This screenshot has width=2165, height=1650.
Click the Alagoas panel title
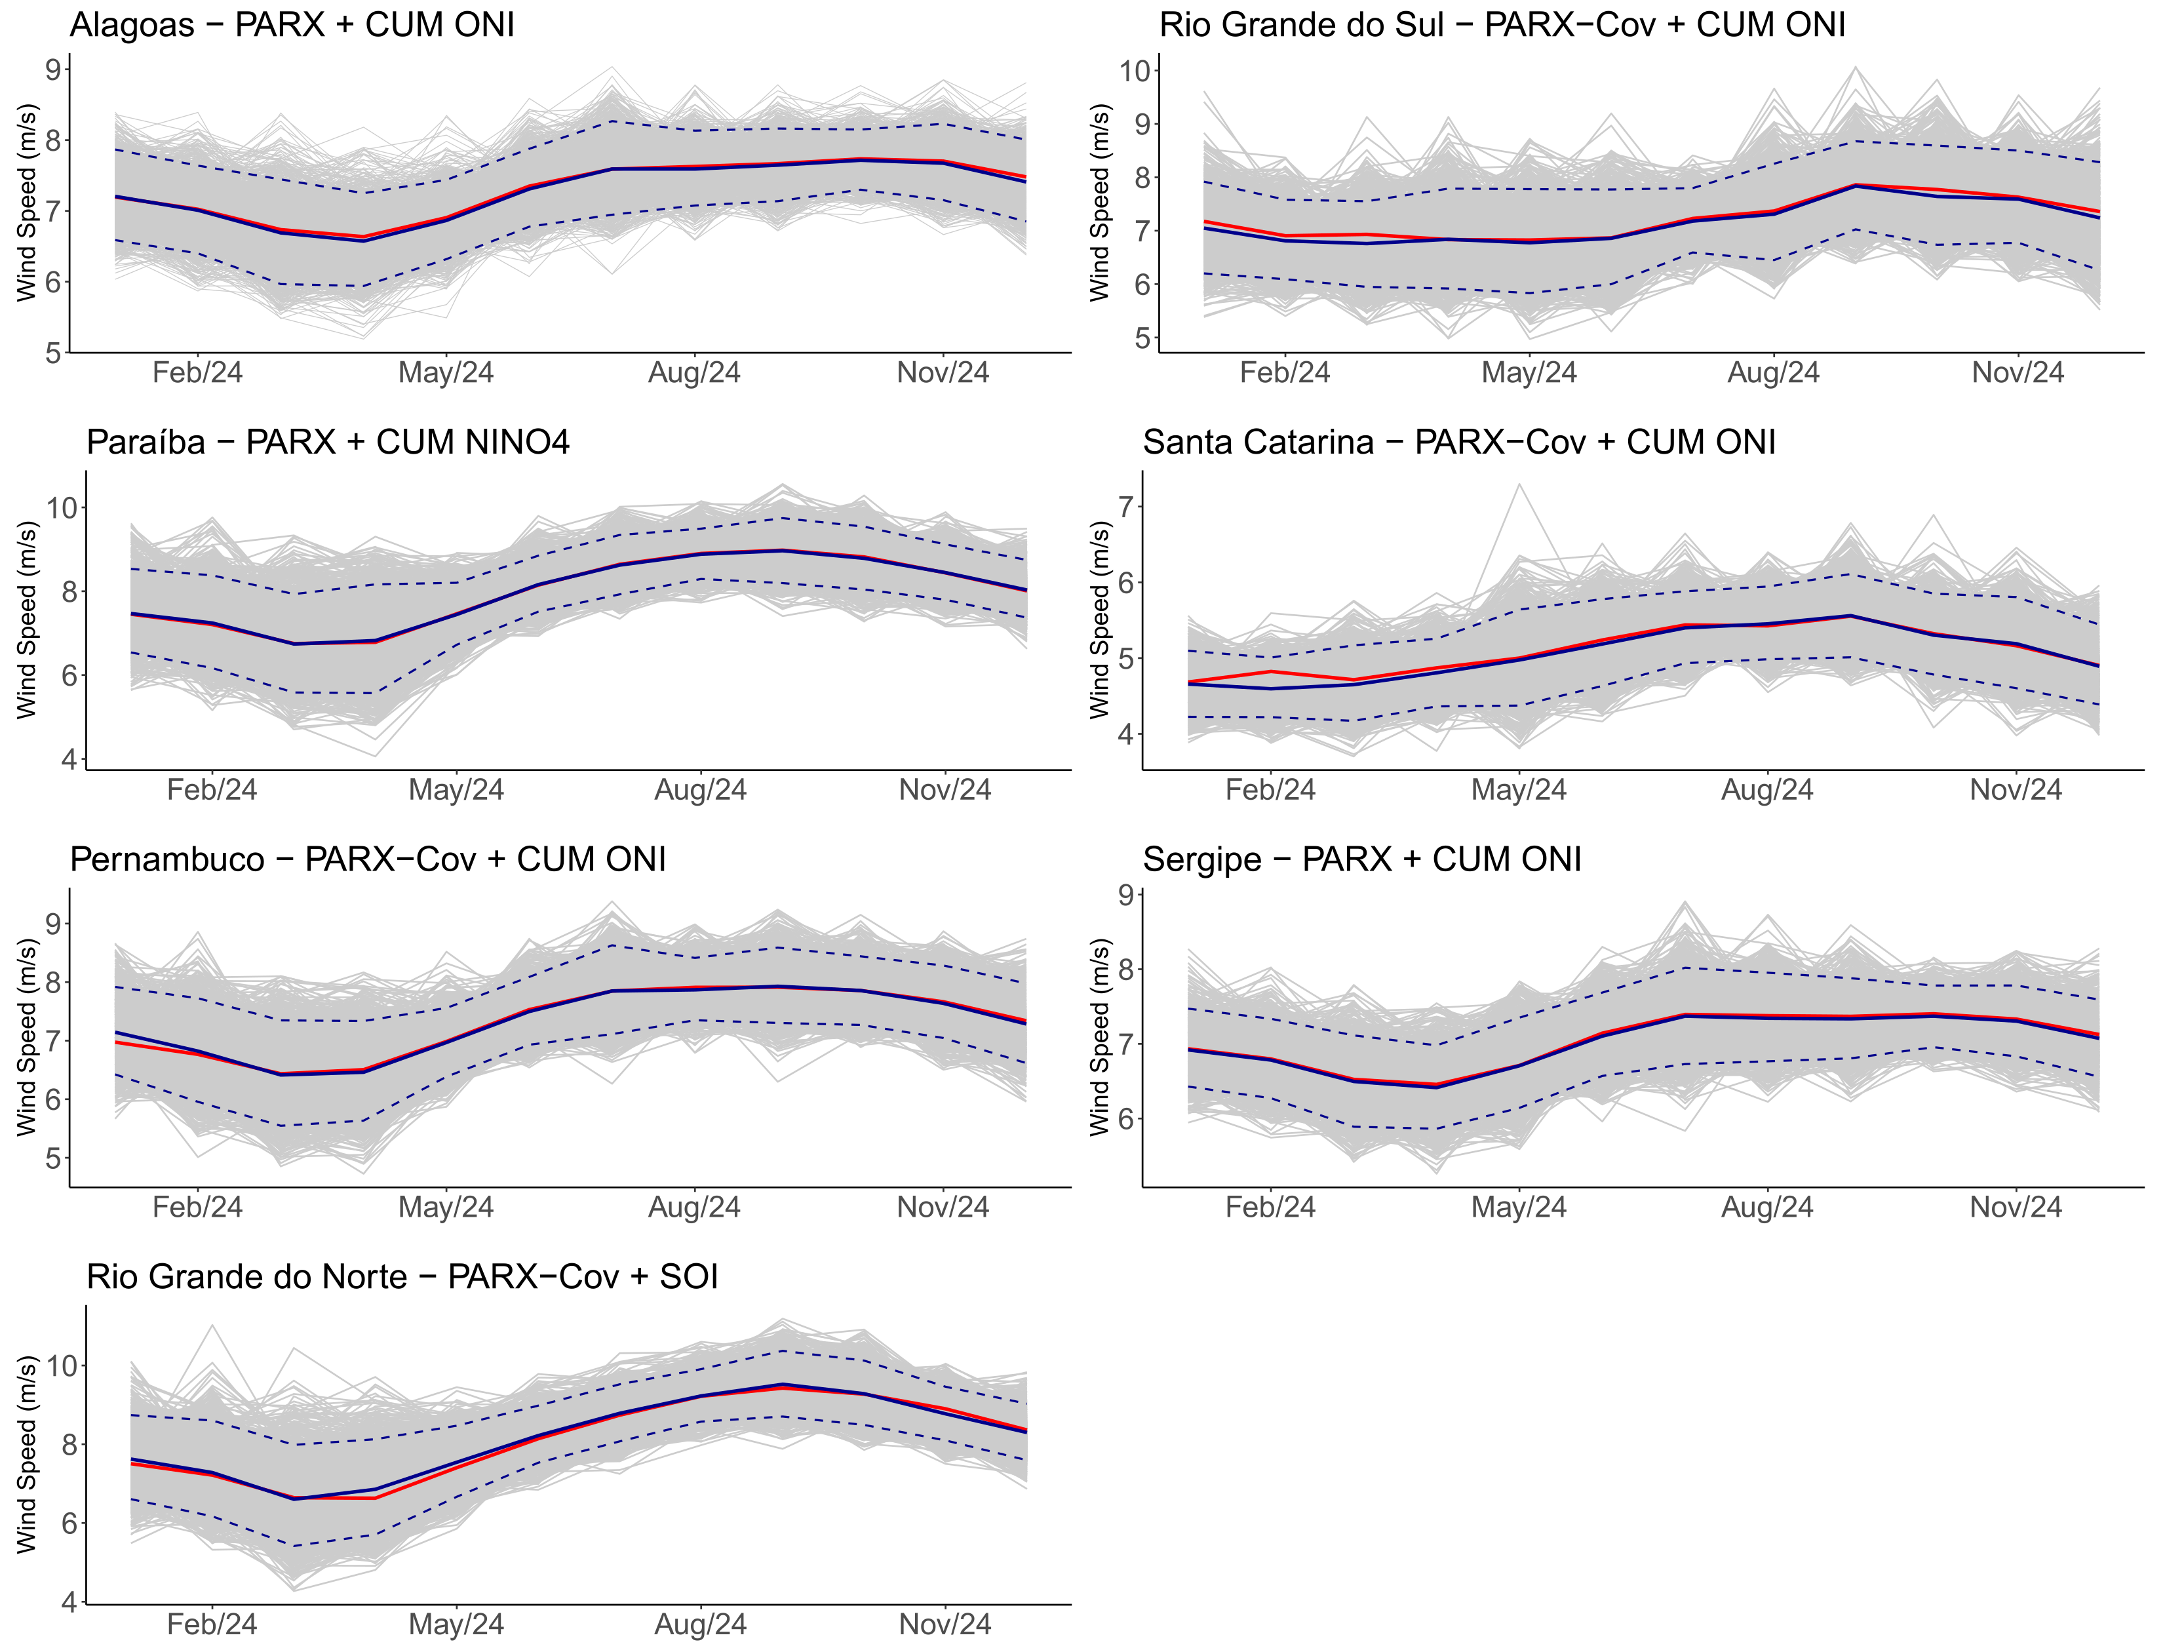tap(292, 24)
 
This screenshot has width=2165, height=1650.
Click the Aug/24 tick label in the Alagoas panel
tap(693, 373)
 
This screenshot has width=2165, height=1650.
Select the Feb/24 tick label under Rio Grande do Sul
tap(1283, 373)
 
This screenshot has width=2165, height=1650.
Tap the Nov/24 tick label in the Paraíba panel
tap(944, 791)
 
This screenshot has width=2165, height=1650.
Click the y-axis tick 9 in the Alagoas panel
tap(53, 69)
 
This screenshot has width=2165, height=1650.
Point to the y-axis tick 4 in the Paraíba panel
tap(69, 759)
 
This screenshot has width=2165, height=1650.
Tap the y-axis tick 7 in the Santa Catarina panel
tap(1126, 507)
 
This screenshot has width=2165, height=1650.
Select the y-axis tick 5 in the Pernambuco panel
tap(53, 1159)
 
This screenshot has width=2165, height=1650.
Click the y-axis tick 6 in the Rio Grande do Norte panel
tap(69, 1523)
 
